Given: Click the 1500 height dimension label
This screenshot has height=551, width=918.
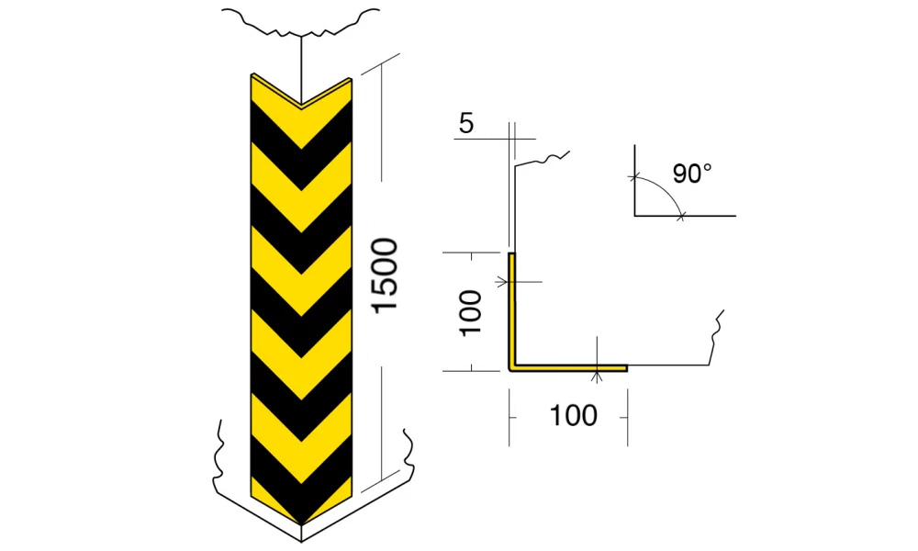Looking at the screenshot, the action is click(x=386, y=275).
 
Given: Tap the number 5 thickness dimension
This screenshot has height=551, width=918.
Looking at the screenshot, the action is click(x=466, y=124).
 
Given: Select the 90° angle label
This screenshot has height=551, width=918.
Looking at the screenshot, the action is click(x=692, y=174).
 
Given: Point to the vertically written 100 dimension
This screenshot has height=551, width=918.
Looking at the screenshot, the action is click(x=471, y=312).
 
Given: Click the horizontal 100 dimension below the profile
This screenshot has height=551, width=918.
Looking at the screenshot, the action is click(x=574, y=416).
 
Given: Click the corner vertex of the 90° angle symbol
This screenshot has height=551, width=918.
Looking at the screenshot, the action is click(x=635, y=216).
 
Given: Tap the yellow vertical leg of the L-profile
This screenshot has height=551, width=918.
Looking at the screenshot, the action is click(x=511, y=310).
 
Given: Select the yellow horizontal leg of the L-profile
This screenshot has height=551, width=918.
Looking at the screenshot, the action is click(x=568, y=367).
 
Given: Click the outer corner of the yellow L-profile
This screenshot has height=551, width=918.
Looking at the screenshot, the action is click(x=509, y=371).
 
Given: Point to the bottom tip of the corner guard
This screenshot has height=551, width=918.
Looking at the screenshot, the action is click(x=301, y=524).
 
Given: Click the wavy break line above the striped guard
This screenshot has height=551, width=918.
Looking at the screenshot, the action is click(x=301, y=22).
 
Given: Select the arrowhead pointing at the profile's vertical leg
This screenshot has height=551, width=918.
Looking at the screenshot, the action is click(x=502, y=282).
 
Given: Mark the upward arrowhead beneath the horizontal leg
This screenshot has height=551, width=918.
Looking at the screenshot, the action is click(x=597, y=377).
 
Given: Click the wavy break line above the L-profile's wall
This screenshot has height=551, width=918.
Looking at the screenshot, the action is click(x=542, y=159).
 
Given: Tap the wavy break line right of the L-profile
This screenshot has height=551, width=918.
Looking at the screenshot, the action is click(x=716, y=337).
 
